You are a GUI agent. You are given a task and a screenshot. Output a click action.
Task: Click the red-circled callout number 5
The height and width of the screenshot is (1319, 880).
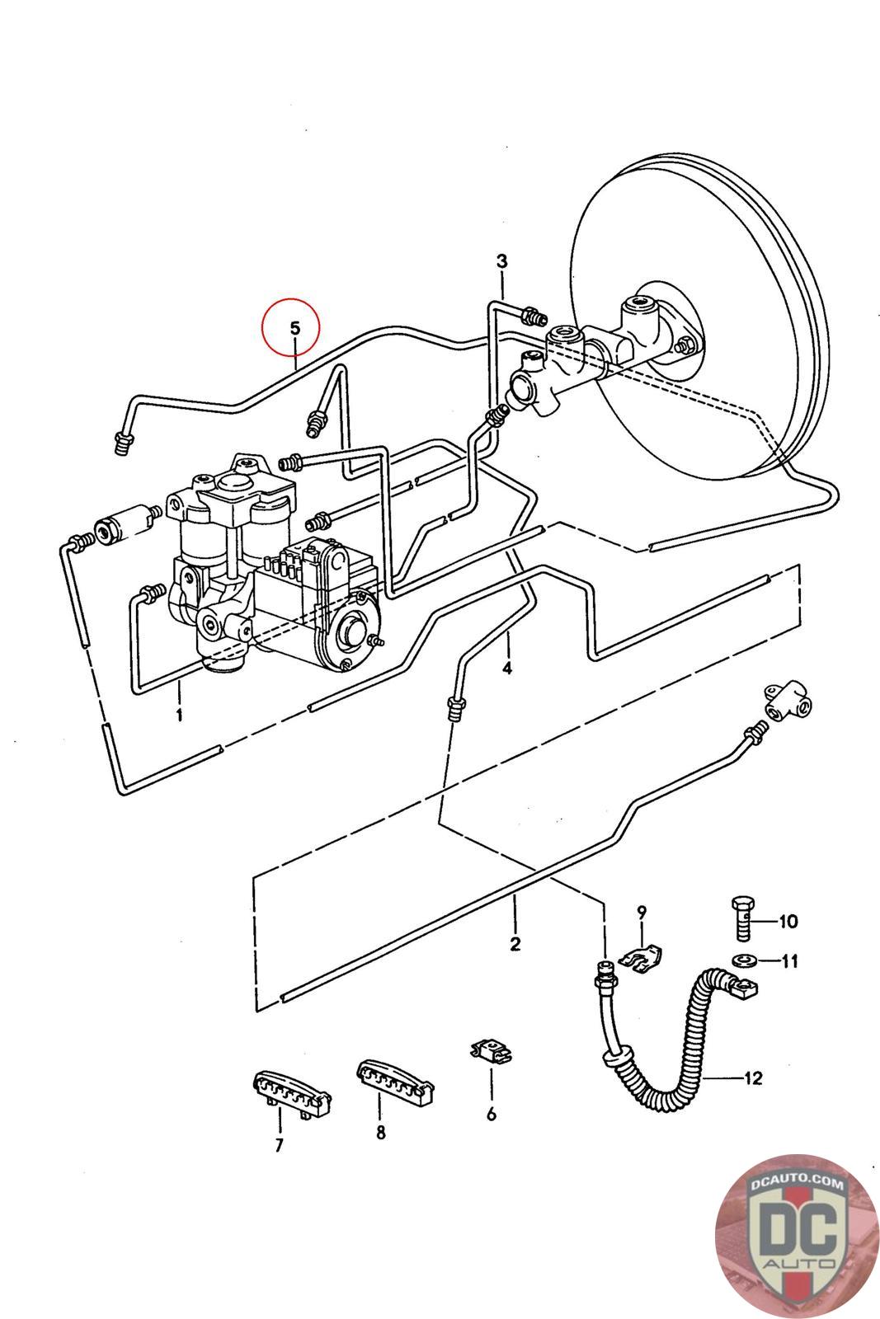point(294,328)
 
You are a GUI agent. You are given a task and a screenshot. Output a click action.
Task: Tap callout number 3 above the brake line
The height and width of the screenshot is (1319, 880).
point(501,261)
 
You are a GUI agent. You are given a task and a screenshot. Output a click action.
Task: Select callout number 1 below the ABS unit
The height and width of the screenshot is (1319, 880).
point(179,715)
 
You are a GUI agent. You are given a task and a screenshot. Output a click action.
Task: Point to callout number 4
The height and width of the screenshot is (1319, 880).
point(507,669)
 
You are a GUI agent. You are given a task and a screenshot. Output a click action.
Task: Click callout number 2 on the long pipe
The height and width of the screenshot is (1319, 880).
point(515,944)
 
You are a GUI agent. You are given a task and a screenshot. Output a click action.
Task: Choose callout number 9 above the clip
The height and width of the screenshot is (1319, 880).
point(642,912)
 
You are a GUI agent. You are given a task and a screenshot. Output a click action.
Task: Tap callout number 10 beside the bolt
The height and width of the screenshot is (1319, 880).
point(788,921)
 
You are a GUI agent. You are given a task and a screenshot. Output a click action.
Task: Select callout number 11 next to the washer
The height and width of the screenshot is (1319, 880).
point(789,961)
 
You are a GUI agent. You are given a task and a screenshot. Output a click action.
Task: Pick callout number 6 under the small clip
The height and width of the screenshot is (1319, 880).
point(492,1114)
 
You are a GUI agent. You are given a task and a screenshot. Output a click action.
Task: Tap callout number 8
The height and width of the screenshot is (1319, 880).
point(381,1131)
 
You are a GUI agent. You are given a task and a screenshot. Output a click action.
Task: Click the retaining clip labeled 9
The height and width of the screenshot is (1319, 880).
point(641,956)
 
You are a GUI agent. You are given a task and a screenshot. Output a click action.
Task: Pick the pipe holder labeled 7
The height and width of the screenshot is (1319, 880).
point(291,1096)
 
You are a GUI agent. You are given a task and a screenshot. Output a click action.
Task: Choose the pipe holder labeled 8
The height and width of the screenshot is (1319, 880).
point(395,1081)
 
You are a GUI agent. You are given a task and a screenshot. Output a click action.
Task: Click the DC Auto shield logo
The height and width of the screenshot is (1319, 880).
point(796,1234)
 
